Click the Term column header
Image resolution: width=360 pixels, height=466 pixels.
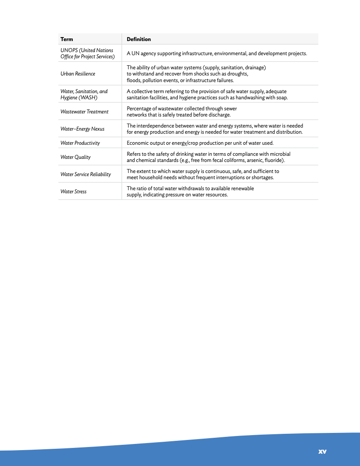click(67, 39)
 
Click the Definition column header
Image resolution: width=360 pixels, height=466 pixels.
click(139, 39)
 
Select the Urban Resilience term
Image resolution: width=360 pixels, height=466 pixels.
click(78, 74)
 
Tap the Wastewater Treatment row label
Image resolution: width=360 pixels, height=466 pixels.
click(84, 112)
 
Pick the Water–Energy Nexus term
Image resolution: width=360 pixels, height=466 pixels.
click(82, 129)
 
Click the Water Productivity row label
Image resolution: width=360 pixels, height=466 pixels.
click(80, 143)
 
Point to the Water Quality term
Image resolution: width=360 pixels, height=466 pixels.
click(75, 157)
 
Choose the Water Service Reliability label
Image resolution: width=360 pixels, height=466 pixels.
click(86, 174)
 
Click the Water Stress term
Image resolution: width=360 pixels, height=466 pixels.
click(73, 192)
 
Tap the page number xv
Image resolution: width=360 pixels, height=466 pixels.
click(322, 451)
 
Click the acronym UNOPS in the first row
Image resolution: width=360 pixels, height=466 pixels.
click(68, 50)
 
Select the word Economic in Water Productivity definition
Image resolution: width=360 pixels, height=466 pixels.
click(138, 143)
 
